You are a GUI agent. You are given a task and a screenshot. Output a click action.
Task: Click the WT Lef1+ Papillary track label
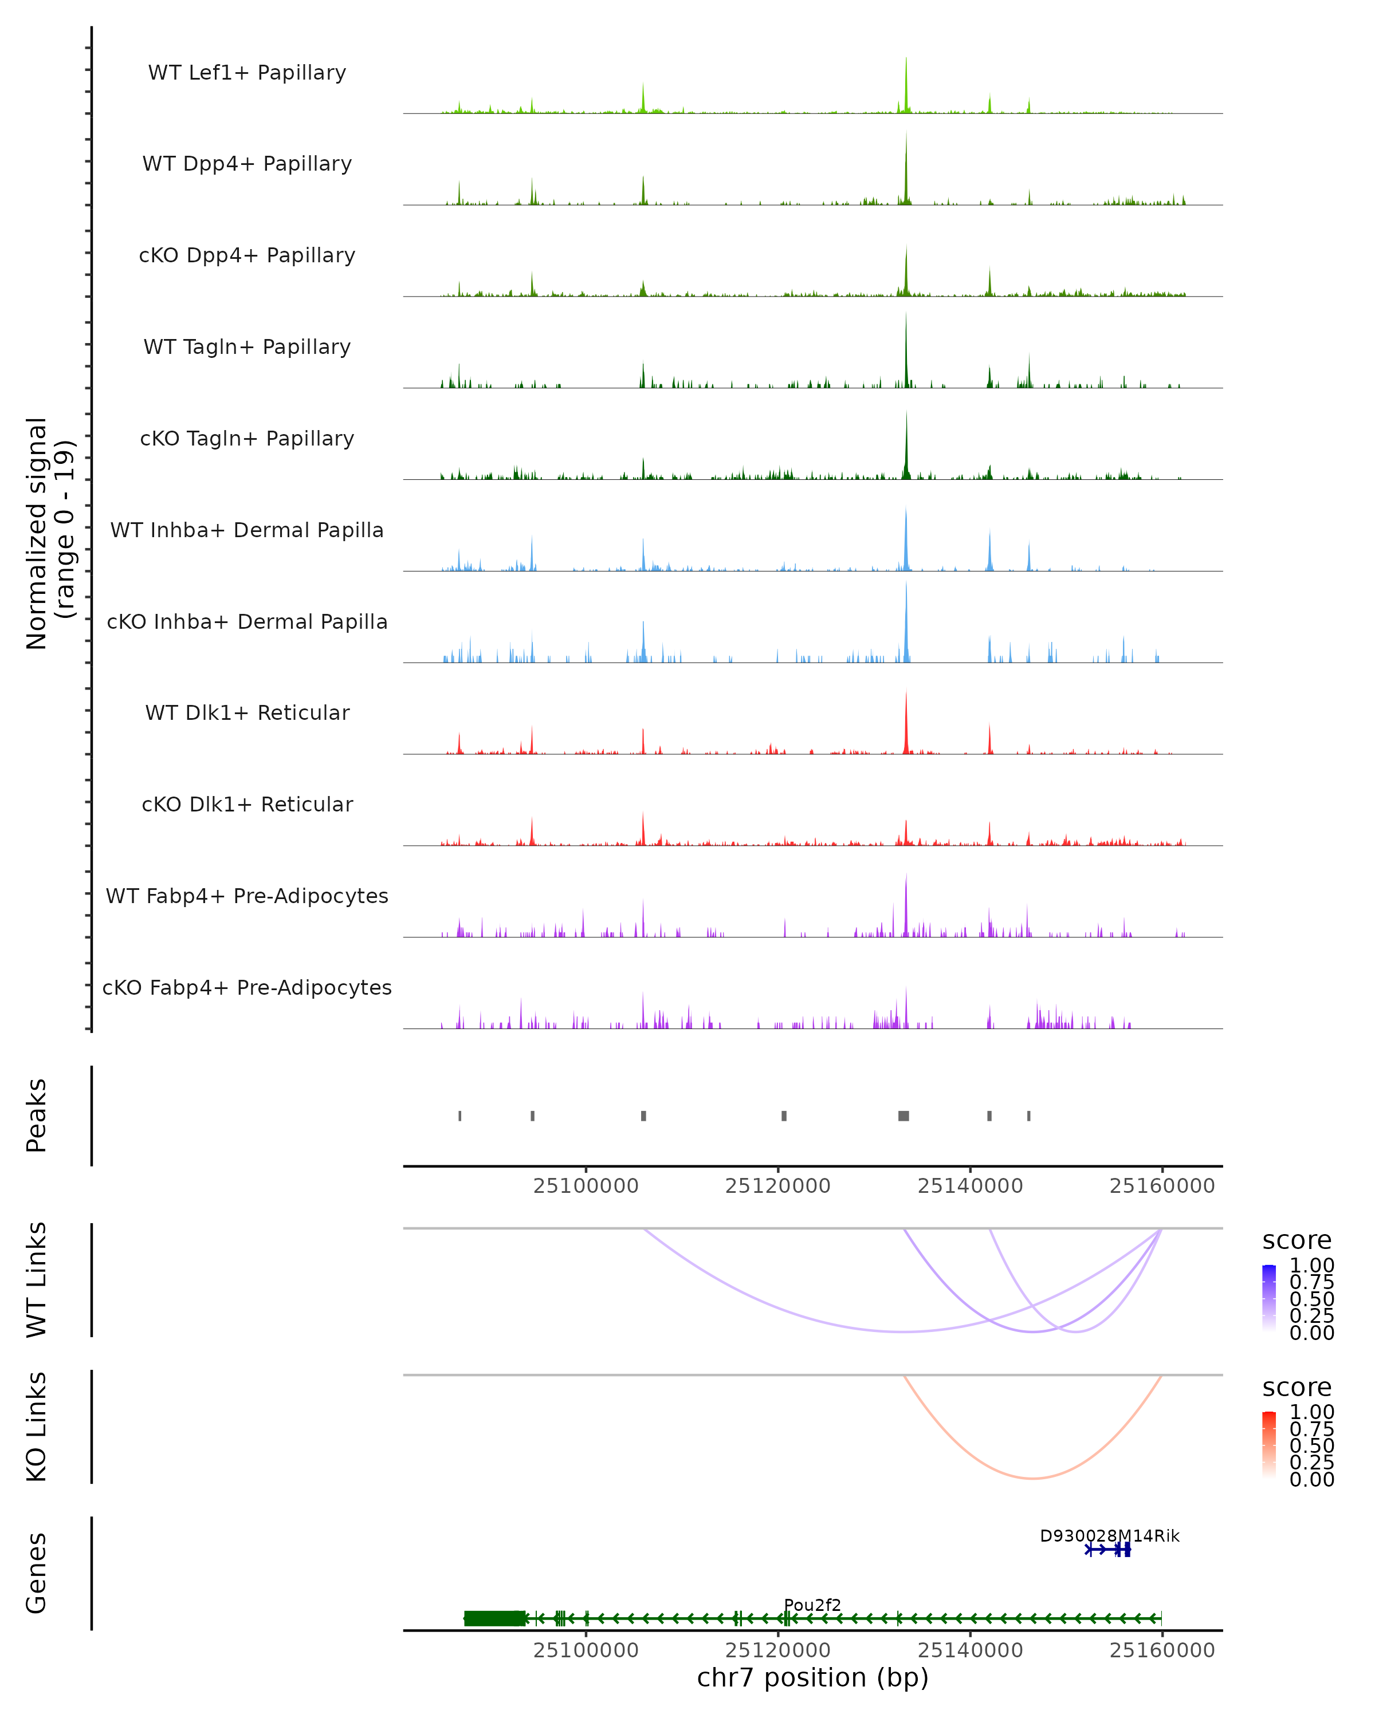(247, 73)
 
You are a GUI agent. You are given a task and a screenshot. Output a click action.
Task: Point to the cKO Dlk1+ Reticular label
(247, 804)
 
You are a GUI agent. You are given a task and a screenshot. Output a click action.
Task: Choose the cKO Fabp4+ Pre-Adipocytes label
(247, 987)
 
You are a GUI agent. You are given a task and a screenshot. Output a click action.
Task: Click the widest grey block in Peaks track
(903, 1116)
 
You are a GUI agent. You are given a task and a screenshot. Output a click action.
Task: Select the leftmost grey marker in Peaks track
(460, 1116)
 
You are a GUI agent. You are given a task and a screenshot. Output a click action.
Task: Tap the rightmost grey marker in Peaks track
(1028, 1116)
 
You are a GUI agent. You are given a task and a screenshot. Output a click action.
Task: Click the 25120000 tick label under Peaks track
(777, 1187)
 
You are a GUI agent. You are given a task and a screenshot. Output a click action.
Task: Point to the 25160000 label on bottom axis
(1161, 1650)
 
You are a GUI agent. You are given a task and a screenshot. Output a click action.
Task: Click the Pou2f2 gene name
(812, 1605)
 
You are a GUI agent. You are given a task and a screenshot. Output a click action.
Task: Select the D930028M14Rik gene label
(1109, 1535)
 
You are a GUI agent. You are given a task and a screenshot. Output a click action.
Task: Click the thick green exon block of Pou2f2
(494, 1618)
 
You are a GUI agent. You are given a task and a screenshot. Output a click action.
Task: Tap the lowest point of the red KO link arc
(1032, 1478)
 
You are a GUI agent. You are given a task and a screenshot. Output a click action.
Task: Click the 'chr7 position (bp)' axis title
(812, 1678)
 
